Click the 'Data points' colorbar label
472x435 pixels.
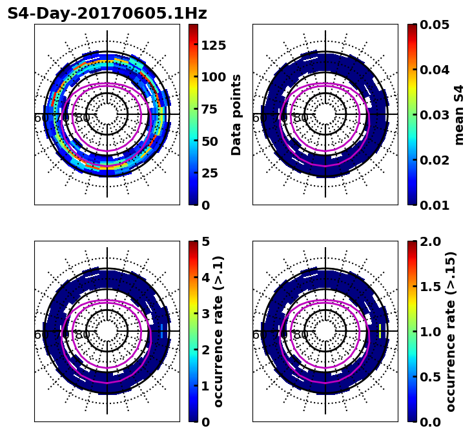pos(237,114)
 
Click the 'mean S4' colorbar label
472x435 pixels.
pos(459,114)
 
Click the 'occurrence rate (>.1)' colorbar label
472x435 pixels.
pos(219,332)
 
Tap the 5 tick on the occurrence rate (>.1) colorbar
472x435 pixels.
pos(206,241)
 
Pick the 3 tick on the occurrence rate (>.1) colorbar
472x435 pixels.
pos(206,314)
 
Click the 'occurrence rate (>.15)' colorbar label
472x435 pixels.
pos(451,332)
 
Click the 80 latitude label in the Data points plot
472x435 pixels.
pos(83,118)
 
